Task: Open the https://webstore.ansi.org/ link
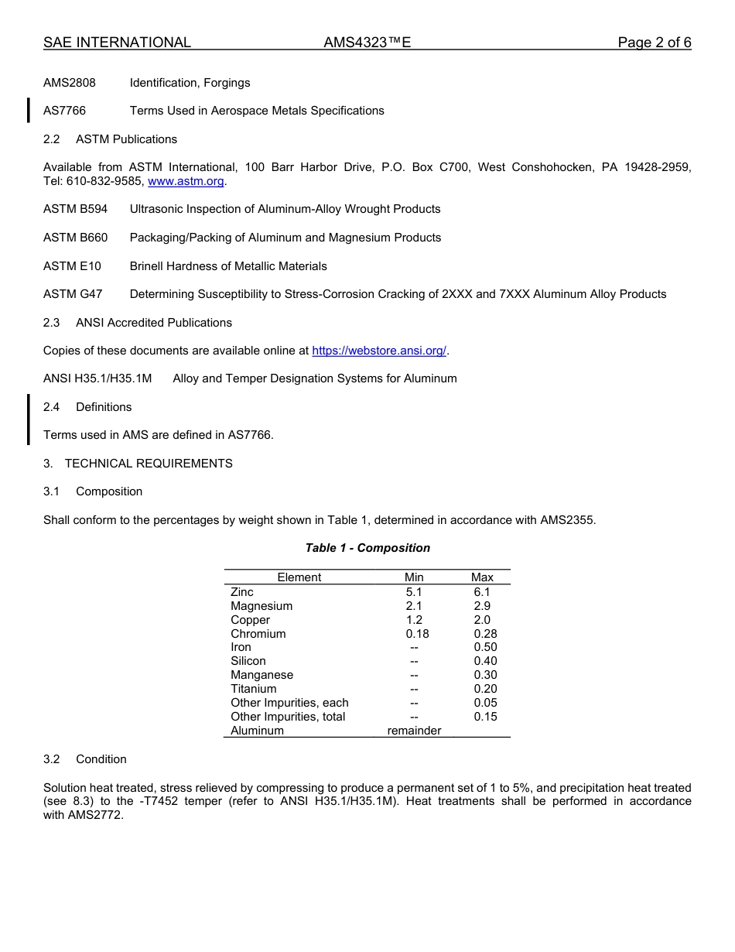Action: (x=379, y=351)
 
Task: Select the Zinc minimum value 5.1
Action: (x=414, y=592)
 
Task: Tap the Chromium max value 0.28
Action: (x=485, y=634)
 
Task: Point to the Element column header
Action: (x=299, y=577)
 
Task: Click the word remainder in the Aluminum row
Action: (x=414, y=731)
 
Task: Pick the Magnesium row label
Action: (x=262, y=606)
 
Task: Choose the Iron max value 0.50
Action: (x=485, y=647)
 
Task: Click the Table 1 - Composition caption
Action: (x=367, y=548)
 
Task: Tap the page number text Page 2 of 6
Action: (x=654, y=43)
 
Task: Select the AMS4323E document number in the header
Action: (x=367, y=43)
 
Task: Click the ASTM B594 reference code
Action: (x=76, y=209)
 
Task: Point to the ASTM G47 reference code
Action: (x=73, y=294)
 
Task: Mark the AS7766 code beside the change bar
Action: (x=64, y=111)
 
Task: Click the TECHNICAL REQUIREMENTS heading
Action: (x=149, y=464)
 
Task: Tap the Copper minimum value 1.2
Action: (x=414, y=620)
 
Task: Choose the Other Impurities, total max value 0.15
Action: (x=485, y=717)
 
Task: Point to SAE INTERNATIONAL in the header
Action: (x=117, y=43)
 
